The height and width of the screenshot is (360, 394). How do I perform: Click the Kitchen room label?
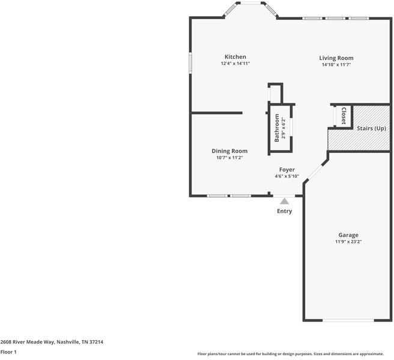click(235, 57)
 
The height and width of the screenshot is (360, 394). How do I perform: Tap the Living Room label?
click(336, 58)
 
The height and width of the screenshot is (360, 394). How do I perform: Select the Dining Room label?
click(229, 151)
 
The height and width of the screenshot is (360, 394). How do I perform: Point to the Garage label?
click(348, 235)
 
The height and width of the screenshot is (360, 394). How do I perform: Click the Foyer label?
click(286, 170)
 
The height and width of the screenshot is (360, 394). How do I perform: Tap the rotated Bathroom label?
click(277, 127)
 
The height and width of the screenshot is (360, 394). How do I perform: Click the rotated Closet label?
click(344, 115)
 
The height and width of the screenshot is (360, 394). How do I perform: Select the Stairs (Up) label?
click(371, 128)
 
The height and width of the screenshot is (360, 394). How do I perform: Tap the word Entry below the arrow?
click(284, 211)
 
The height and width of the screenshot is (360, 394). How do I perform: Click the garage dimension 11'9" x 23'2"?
click(348, 242)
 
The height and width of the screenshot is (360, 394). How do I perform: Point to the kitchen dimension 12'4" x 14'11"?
click(235, 64)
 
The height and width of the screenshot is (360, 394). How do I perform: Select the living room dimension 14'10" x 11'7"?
click(336, 64)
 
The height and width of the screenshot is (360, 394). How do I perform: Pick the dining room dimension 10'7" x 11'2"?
click(229, 158)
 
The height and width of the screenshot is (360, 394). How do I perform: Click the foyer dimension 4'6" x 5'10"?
click(286, 176)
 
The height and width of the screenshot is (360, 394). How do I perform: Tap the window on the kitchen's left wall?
click(190, 62)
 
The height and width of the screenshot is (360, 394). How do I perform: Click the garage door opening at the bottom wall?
click(348, 320)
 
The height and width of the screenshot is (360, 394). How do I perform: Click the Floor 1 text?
click(8, 352)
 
